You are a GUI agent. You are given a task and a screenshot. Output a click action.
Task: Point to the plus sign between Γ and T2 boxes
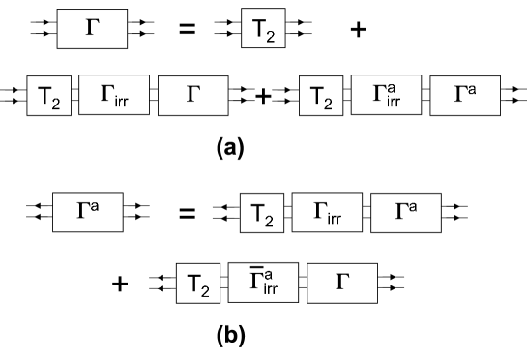(x=262, y=96)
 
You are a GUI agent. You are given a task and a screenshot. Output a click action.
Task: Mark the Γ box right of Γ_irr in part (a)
(x=192, y=95)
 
